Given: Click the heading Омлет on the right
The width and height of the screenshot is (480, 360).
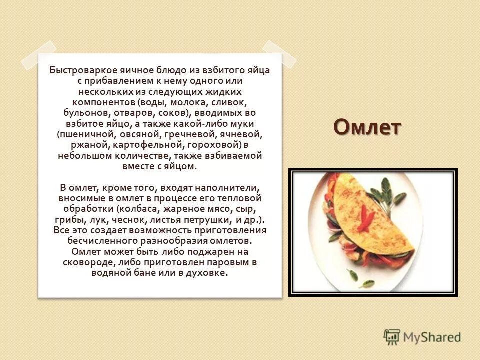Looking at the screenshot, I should point(367,127).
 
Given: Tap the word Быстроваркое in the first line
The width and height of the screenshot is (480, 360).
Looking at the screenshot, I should point(80,70).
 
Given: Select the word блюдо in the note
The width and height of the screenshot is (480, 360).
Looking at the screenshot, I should point(184,70).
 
